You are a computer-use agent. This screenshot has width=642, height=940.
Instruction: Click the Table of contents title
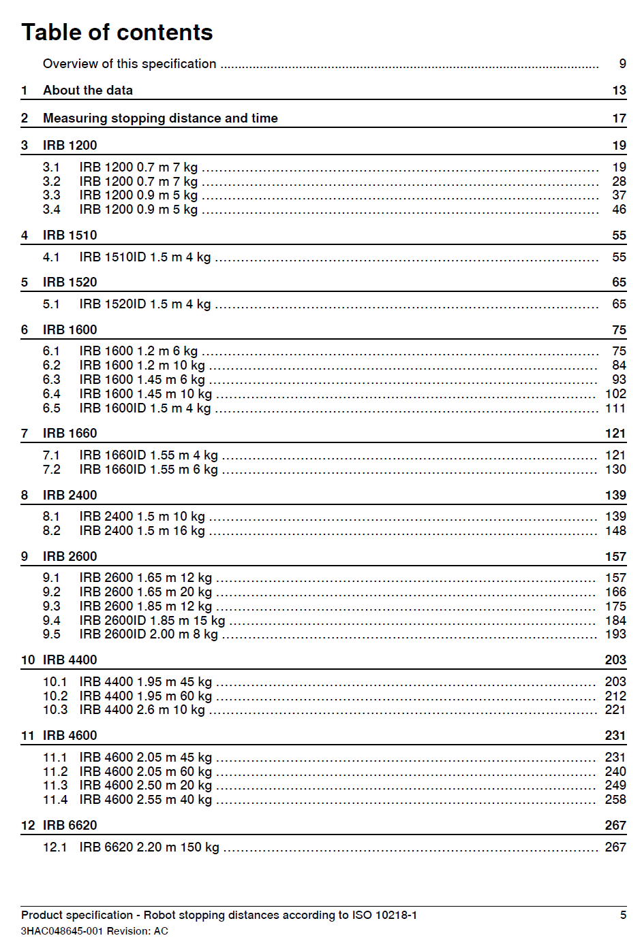pyautogui.click(x=117, y=33)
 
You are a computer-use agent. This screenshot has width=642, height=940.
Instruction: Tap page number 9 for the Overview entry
pyautogui.click(x=622, y=63)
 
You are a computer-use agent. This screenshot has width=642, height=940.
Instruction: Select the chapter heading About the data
pyautogui.click(x=88, y=91)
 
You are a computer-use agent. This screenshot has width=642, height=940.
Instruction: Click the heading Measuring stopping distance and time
pyautogui.click(x=160, y=118)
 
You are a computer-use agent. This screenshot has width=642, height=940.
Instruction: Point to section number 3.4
pyautogui.click(x=51, y=210)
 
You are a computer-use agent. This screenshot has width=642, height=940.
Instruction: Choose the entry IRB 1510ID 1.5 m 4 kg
pyautogui.click(x=144, y=257)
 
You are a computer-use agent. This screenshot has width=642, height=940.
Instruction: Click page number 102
pyautogui.click(x=615, y=394)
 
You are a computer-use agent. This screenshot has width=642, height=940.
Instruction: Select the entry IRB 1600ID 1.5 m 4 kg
pyautogui.click(x=144, y=408)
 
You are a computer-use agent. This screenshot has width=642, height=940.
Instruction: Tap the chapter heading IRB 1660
pyautogui.click(x=70, y=434)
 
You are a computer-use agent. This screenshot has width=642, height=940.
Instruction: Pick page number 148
pyautogui.click(x=615, y=531)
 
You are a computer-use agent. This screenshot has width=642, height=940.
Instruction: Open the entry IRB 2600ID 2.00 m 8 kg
pyautogui.click(x=148, y=634)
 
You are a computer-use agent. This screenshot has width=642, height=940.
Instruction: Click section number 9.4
pyautogui.click(x=51, y=621)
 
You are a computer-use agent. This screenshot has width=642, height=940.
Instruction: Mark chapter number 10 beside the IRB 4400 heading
pyautogui.click(x=28, y=660)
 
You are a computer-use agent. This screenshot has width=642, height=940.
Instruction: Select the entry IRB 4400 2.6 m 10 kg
pyautogui.click(x=142, y=710)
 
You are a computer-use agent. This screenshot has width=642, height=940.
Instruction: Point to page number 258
pyautogui.click(x=615, y=800)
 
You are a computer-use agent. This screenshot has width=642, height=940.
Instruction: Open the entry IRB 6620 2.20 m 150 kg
pyautogui.click(x=149, y=847)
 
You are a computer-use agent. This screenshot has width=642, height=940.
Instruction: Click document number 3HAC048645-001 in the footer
pyautogui.click(x=62, y=931)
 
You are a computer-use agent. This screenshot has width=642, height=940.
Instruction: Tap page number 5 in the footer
pyautogui.click(x=623, y=915)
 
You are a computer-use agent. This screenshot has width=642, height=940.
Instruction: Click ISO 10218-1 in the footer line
pyautogui.click(x=384, y=915)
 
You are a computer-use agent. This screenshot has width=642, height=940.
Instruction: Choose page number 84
pyautogui.click(x=619, y=366)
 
